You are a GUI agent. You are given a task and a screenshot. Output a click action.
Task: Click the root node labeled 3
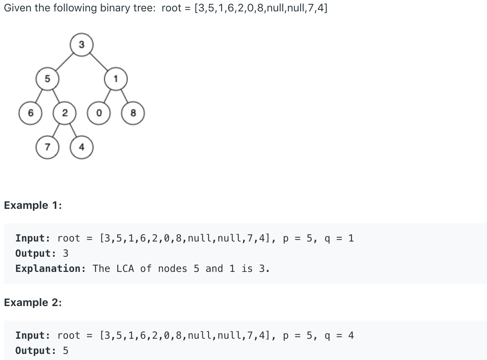click(x=81, y=45)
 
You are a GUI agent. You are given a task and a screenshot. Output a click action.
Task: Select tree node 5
click(x=47, y=79)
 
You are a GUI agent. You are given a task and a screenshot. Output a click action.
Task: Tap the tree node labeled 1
click(x=115, y=79)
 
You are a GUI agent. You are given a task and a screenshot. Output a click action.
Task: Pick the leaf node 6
click(x=30, y=113)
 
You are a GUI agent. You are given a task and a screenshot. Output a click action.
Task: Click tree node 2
click(x=64, y=113)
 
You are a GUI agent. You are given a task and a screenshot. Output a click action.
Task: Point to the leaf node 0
click(x=99, y=113)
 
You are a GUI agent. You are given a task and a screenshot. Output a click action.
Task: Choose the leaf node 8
click(x=133, y=113)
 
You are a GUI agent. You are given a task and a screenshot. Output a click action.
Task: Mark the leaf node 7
click(x=47, y=147)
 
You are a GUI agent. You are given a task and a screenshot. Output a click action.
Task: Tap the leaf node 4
click(x=81, y=147)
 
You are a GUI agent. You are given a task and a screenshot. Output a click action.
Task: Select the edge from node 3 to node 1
click(x=98, y=62)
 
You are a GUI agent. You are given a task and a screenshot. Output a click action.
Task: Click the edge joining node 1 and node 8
click(x=124, y=96)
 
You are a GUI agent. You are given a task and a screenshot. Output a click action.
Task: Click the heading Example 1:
click(x=33, y=205)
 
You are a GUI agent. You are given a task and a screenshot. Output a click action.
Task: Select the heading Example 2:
click(x=33, y=303)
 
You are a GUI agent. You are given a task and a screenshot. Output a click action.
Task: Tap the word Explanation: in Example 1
click(x=51, y=269)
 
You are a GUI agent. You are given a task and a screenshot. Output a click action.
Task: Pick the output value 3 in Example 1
click(x=65, y=253)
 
